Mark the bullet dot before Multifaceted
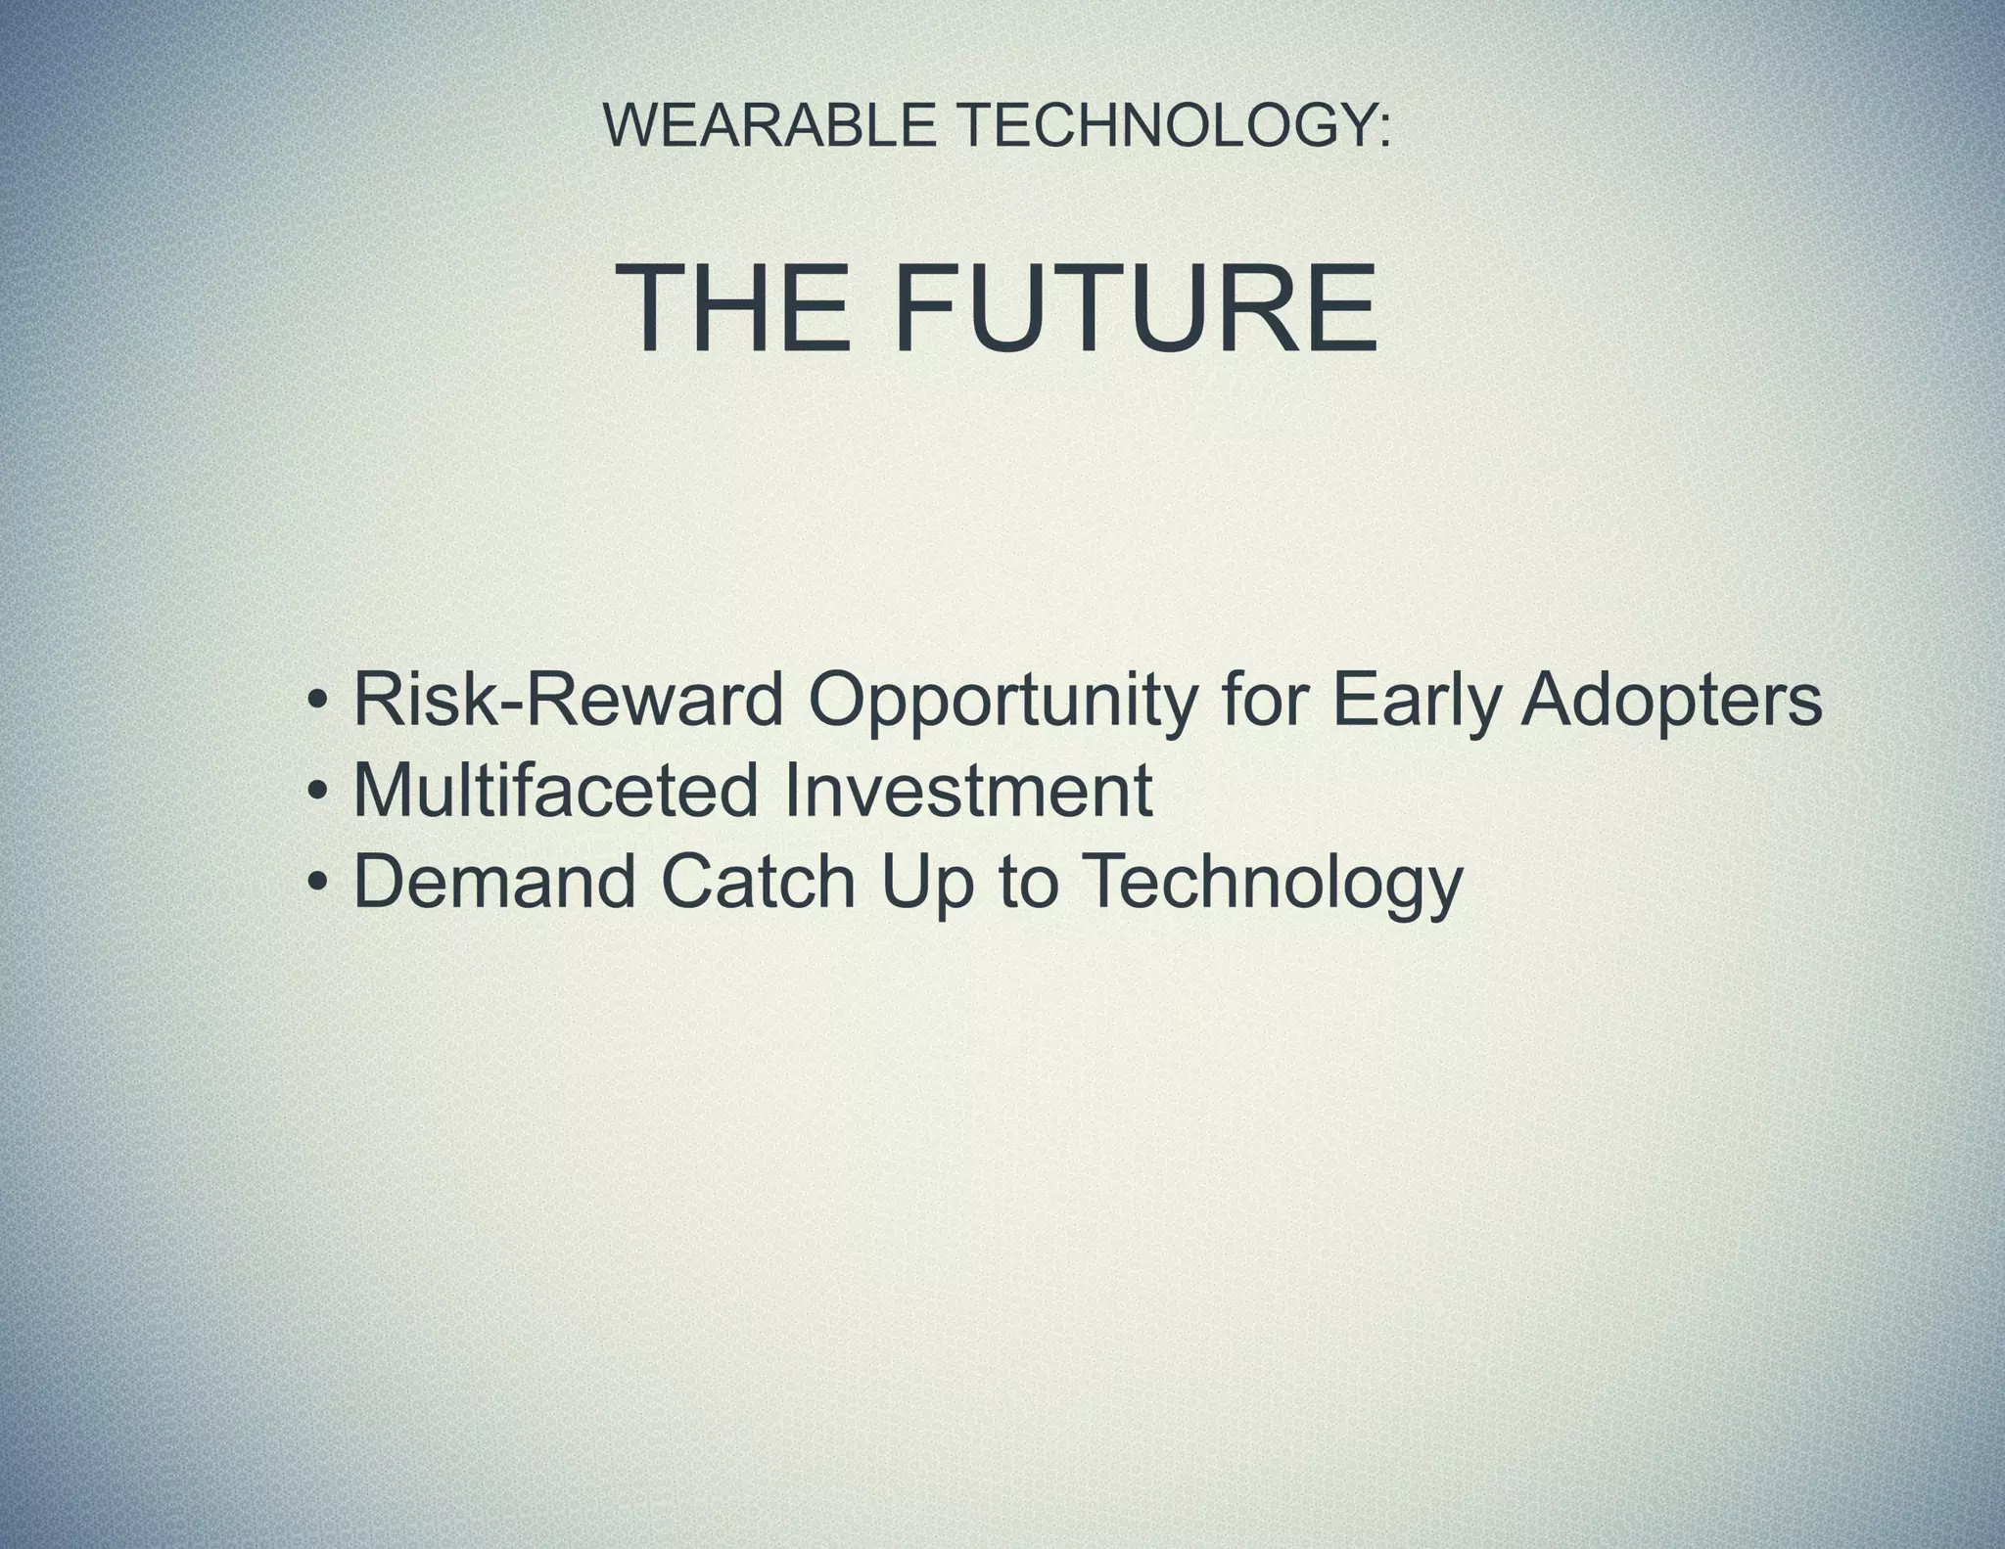tap(316, 793)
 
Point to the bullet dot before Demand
tap(316, 883)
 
